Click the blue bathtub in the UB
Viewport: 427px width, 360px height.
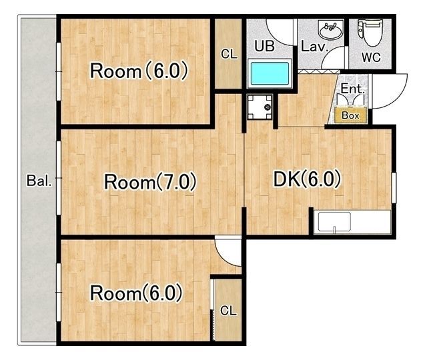point(270,73)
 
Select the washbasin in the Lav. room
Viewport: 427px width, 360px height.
point(330,31)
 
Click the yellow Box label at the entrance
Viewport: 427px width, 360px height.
point(350,115)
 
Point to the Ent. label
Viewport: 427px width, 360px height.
point(352,89)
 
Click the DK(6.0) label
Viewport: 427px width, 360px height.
point(307,179)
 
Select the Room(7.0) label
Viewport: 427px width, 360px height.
point(150,182)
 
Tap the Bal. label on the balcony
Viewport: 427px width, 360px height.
point(39,181)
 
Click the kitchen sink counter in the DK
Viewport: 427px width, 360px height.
point(352,222)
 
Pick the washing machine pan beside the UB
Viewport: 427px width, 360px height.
point(260,107)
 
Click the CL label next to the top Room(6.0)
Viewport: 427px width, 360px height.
point(229,54)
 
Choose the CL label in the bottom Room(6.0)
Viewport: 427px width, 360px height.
point(228,311)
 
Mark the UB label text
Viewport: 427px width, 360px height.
point(264,46)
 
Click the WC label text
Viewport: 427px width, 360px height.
point(371,57)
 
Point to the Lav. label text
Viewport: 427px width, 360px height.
point(314,47)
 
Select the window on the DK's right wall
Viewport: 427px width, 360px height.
point(394,187)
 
